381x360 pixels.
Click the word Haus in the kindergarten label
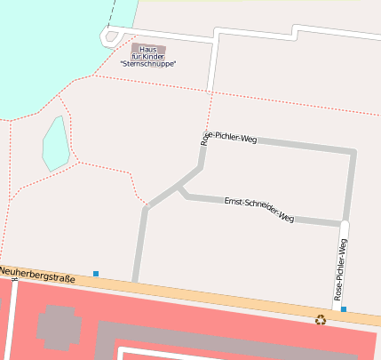(147, 48)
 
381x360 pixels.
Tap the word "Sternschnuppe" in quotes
(148, 64)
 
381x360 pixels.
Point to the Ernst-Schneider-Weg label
(258, 208)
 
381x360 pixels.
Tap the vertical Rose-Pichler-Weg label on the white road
(340, 268)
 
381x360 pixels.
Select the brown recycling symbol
(321, 319)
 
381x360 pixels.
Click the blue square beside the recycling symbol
(343, 309)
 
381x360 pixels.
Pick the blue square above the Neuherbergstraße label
(96, 273)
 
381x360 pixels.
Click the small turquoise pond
(55, 143)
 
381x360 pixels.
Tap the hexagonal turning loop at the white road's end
(109, 36)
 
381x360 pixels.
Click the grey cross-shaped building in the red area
(59, 326)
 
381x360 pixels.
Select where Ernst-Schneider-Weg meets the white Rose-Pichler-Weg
(343, 222)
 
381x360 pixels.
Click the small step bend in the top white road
(295, 33)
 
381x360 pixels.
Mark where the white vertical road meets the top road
(216, 36)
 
